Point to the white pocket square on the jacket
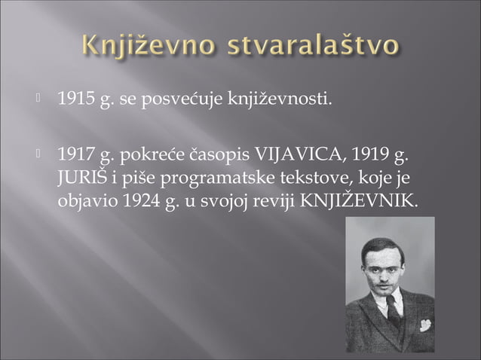click(x=425, y=325)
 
